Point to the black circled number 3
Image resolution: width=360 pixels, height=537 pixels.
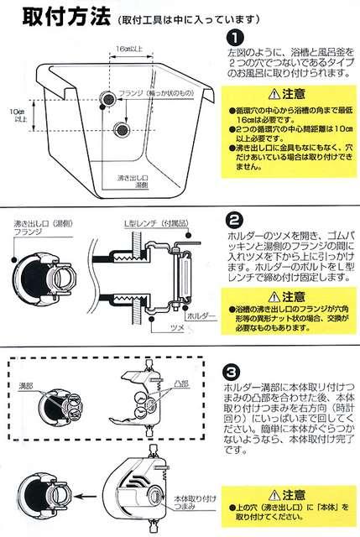click(236, 369)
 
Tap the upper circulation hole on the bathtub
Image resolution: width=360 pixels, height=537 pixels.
click(107, 100)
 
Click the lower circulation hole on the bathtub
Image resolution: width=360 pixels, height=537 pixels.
click(123, 128)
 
